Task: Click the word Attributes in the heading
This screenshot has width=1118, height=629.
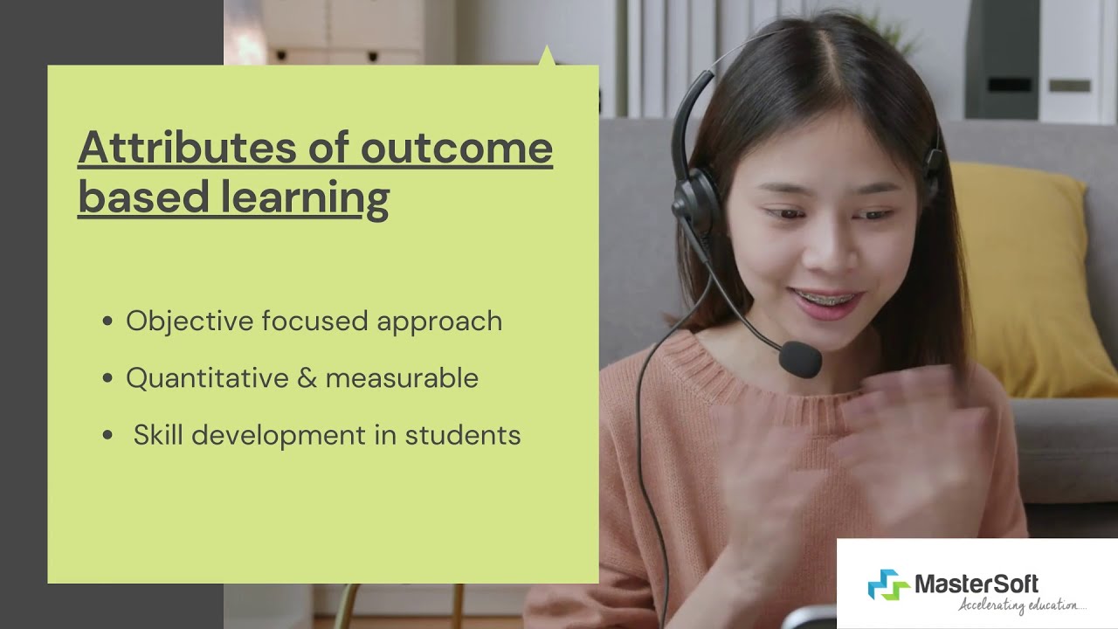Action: [188, 148]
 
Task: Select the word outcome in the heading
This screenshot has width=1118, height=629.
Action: [456, 148]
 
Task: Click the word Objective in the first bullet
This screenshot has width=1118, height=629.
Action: [190, 321]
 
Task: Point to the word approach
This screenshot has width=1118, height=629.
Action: [439, 321]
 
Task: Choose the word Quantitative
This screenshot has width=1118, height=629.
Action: [207, 378]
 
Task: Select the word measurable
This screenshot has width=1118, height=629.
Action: [402, 378]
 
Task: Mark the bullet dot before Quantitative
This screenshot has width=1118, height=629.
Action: [107, 378]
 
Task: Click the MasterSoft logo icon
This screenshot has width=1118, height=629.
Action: [888, 584]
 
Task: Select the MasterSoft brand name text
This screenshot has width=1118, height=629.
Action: [976, 583]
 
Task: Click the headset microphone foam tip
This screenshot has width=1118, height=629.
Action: [799, 358]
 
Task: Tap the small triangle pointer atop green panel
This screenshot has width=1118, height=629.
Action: [547, 56]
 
